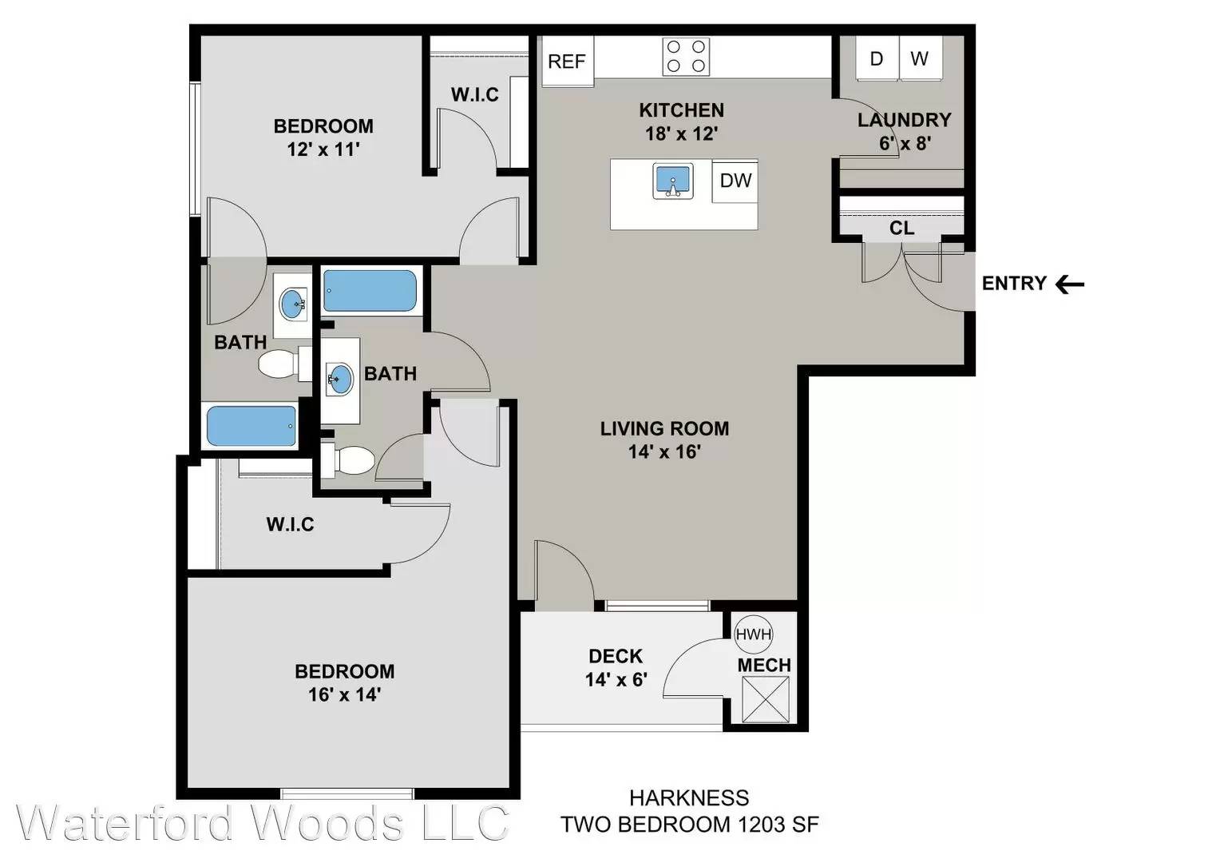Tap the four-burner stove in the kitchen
686,56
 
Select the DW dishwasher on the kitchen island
735,181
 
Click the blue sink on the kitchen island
673,181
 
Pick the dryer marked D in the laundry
877,58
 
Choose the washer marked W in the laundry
921,58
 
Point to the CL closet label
902,228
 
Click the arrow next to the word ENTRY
1070,284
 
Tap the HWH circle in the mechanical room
753,634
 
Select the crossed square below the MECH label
766,699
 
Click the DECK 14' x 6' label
616,668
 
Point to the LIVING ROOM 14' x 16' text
664,440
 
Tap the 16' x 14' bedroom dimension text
344,694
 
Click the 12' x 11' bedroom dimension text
323,149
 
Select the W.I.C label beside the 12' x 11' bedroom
475,95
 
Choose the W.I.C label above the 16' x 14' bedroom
291,524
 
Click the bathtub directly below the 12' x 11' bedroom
370,291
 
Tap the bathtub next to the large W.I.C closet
252,426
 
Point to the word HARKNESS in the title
690,798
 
